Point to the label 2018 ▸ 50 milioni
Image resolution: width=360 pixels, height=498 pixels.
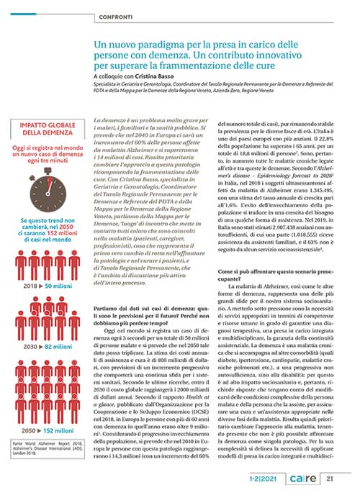coord(45,266)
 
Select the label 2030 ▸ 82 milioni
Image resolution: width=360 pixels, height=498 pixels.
coord(45,326)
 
